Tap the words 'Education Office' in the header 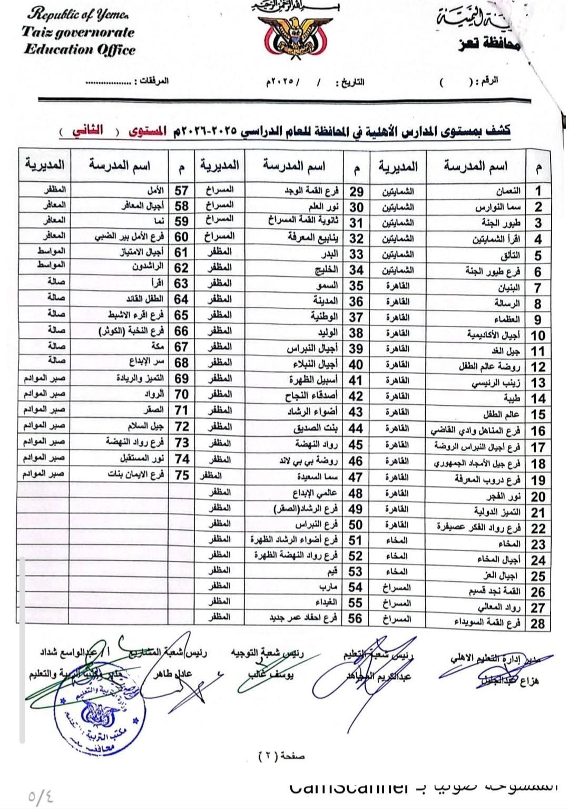point(80,50)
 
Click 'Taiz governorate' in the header point(79,33)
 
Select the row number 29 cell point(357,191)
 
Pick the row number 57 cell point(181,190)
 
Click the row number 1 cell point(538,191)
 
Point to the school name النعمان point(509,190)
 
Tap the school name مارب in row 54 point(328,587)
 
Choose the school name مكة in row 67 point(156,347)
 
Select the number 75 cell point(182,475)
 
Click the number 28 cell point(537,623)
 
